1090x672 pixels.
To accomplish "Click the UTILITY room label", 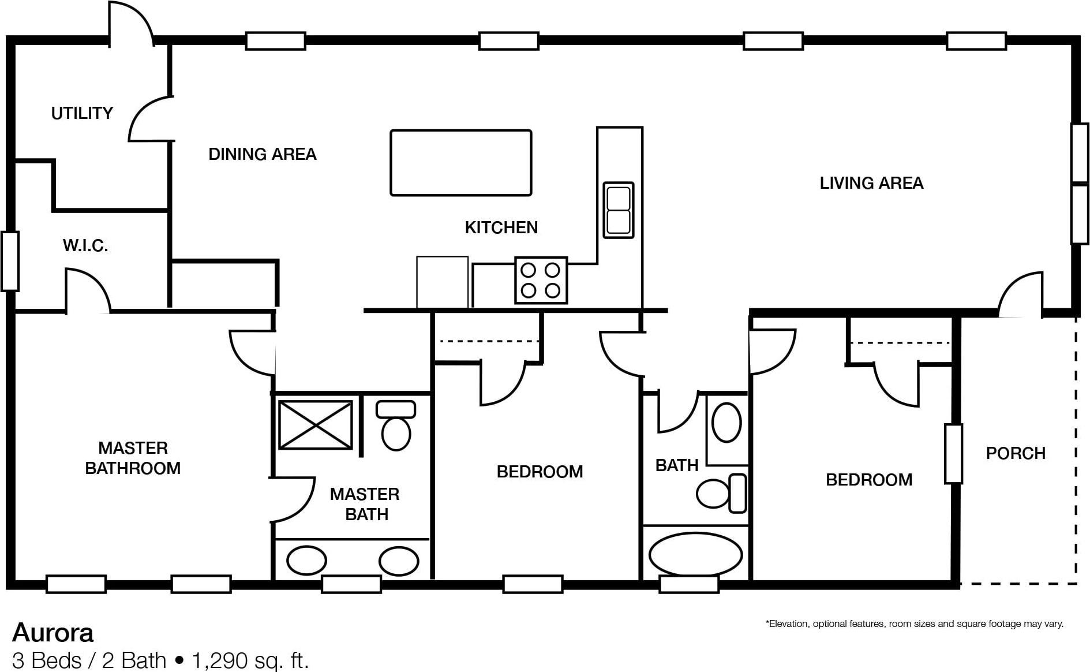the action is click(82, 113).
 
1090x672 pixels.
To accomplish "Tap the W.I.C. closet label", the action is click(85, 245).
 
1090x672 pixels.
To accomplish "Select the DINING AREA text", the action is click(263, 154).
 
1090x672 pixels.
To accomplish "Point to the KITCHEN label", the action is click(501, 227).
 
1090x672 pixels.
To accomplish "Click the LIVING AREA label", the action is click(871, 183).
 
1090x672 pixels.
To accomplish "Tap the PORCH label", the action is click(1016, 453).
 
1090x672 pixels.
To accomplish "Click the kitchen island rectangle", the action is click(461, 163).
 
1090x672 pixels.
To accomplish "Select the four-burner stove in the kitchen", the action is click(541, 281).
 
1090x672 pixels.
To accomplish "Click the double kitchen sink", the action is click(619, 210).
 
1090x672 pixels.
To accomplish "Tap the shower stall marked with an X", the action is click(316, 425).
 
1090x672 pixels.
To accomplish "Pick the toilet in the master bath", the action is click(396, 425).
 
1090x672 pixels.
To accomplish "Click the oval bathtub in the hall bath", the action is click(696, 554).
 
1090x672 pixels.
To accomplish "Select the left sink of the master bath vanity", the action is click(306, 561).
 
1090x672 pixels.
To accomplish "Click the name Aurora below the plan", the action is click(53, 633).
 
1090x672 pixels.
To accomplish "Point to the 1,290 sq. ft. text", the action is click(250, 660).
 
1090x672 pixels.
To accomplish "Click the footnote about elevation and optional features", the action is click(914, 624).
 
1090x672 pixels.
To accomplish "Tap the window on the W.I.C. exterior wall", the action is click(10, 261).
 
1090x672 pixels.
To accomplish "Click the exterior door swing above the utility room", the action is click(132, 23).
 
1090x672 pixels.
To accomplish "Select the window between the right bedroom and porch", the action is click(954, 454).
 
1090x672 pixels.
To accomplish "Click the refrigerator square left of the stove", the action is click(443, 282).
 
